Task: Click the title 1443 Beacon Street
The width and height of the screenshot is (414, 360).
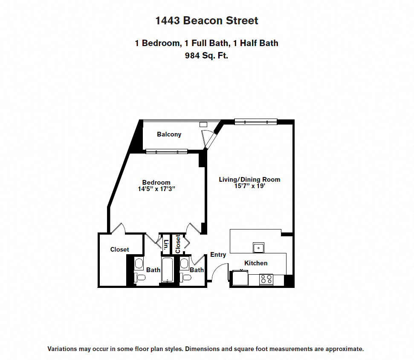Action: click(x=207, y=20)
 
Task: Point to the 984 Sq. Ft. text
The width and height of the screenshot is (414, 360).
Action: click(x=207, y=55)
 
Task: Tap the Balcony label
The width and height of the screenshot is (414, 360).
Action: click(x=169, y=134)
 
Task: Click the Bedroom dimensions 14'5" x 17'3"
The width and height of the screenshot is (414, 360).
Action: click(x=157, y=189)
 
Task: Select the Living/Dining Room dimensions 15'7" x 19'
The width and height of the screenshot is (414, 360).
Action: click(x=249, y=186)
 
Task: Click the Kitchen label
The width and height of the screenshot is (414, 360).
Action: click(x=256, y=263)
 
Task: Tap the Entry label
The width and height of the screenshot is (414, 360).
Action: click(x=218, y=255)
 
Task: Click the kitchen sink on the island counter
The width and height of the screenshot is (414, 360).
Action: click(x=258, y=247)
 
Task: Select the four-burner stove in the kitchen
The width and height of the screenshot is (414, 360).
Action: click(x=266, y=279)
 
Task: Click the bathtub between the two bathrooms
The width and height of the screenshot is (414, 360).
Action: click(x=166, y=270)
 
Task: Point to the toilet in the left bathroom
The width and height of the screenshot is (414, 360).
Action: click(x=140, y=278)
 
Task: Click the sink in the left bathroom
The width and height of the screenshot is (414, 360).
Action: click(x=139, y=264)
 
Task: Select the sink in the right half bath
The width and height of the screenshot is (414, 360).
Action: click(x=185, y=264)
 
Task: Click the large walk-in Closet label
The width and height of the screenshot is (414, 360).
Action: click(x=119, y=250)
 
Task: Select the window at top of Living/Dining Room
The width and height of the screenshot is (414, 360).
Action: click(x=256, y=122)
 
